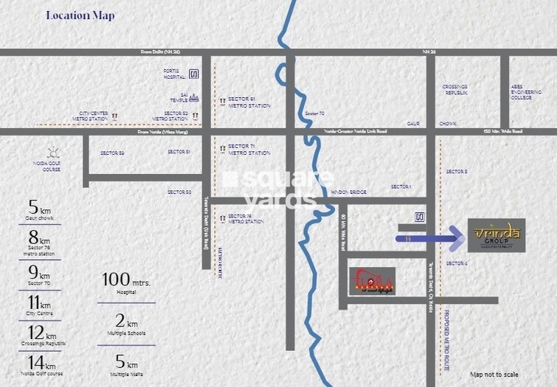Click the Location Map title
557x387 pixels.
[x=80, y=15]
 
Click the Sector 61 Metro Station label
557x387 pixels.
[x=249, y=102]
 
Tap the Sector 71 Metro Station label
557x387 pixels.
[x=249, y=149]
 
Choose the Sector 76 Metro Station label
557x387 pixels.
[x=245, y=218]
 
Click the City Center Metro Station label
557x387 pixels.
[x=94, y=116]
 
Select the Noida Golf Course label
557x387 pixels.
[x=52, y=166]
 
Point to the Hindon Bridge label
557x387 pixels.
[x=349, y=191]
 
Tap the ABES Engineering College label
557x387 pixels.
[x=521, y=91]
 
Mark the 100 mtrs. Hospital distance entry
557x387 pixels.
[x=127, y=284]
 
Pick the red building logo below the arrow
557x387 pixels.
[x=373, y=281]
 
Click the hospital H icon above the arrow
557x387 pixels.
[x=419, y=217]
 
